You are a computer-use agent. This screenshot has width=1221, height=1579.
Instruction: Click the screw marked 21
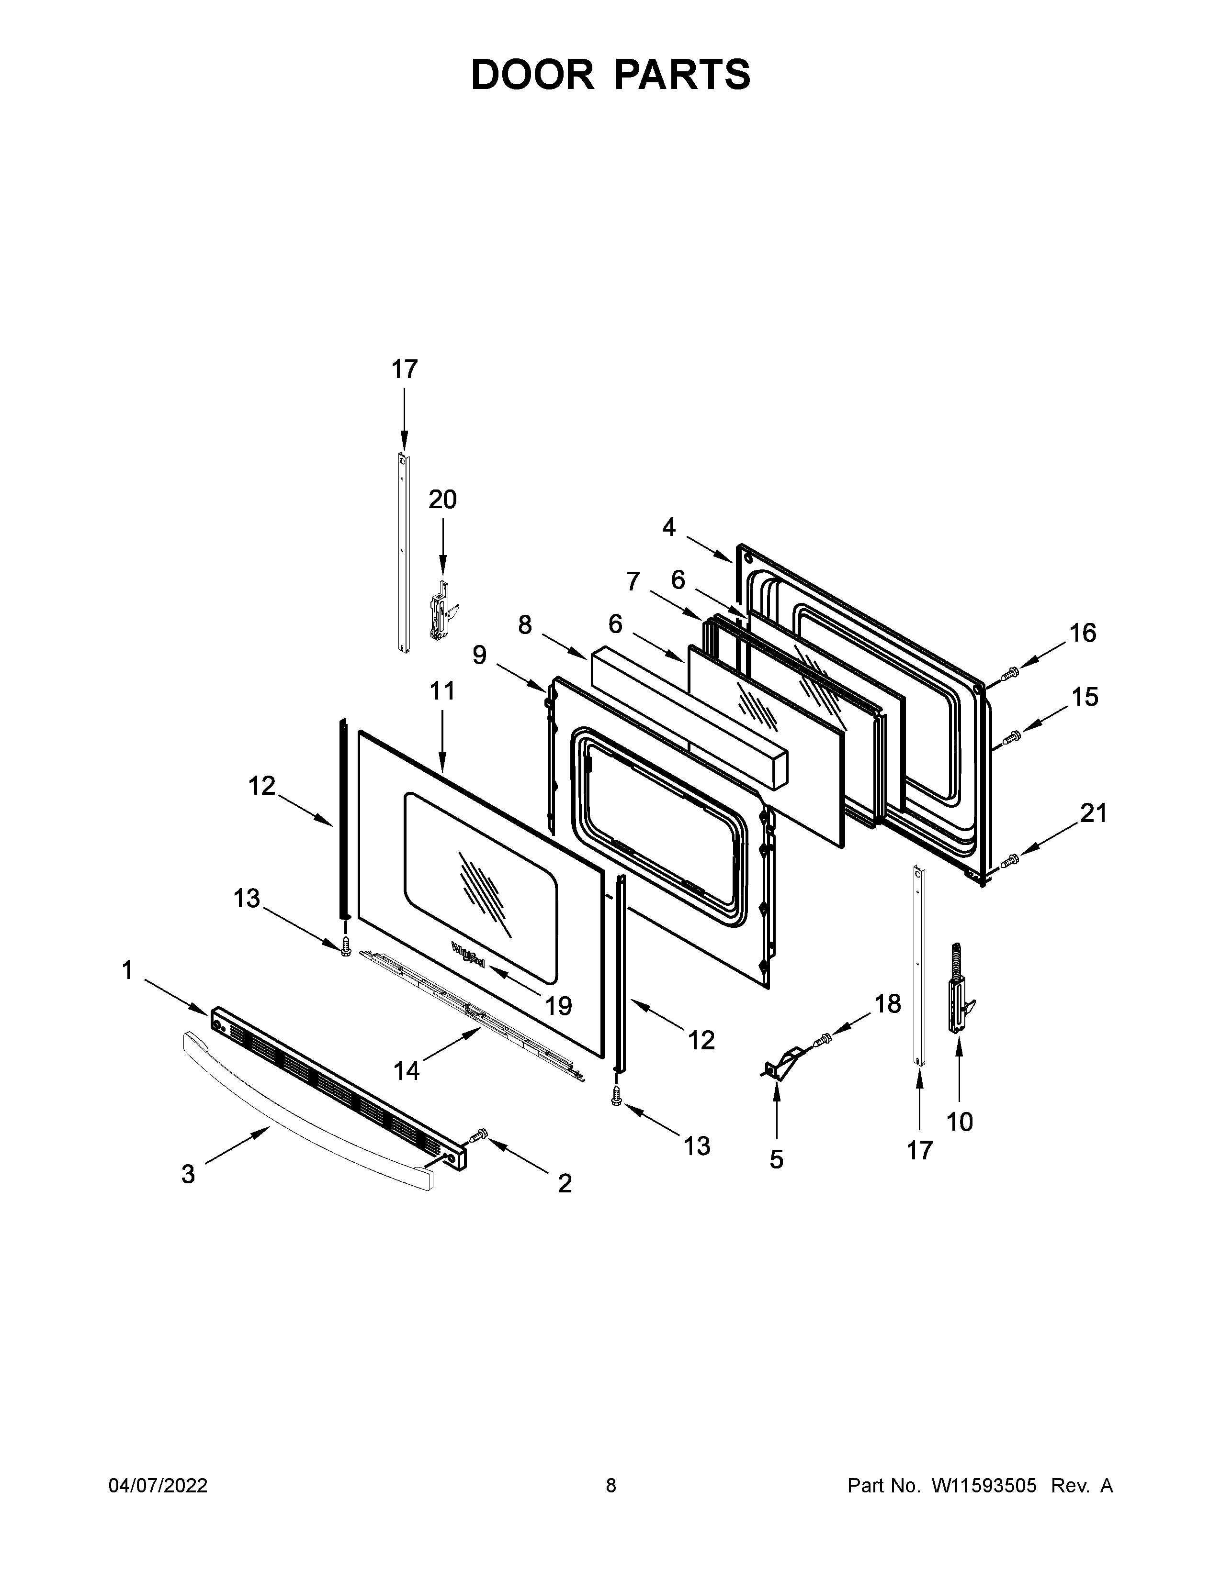point(1010,861)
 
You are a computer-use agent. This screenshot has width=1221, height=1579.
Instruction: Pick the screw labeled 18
point(823,1042)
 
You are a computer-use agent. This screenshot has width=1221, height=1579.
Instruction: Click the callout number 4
point(668,527)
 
